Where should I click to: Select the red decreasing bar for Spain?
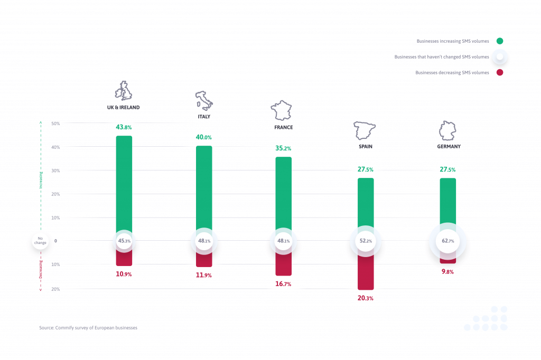coord(365,272)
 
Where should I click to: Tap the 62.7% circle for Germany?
coord(447,241)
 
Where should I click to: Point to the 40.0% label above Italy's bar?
coord(203,137)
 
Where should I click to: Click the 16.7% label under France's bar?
coord(283,284)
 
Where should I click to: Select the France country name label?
coord(283,127)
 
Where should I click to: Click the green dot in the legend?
coord(499,41)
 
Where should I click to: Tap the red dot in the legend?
coord(499,72)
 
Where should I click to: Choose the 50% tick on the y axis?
coord(55,124)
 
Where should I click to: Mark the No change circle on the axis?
coord(40,241)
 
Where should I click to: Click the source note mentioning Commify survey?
coord(88,328)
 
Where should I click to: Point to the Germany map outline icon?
coord(447,130)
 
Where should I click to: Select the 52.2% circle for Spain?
coord(365,241)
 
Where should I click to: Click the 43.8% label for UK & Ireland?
coord(124,127)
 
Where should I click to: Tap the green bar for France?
coord(283,193)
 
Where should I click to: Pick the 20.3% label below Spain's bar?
coord(365,298)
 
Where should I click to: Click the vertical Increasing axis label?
coord(41,179)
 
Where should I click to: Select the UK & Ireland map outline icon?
coord(124,91)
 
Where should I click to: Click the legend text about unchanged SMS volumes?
coord(442,57)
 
